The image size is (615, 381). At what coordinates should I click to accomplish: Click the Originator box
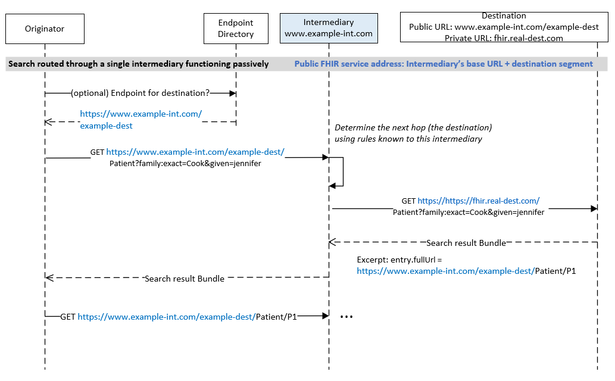[45, 29]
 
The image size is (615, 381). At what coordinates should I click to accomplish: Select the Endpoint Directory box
[236, 28]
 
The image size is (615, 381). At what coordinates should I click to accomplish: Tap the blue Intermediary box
[329, 28]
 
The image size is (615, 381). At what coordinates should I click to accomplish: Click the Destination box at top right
[504, 27]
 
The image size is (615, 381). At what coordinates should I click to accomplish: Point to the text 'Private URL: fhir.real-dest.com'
[504, 38]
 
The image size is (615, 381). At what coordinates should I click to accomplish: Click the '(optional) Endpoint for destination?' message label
[140, 93]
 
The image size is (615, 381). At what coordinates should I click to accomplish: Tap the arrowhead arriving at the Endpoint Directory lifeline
[233, 93]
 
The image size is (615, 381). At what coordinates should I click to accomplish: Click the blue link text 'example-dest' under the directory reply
[107, 126]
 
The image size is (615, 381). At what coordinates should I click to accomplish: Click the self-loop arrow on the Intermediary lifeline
[343, 171]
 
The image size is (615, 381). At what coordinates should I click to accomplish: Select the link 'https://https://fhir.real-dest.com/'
[479, 201]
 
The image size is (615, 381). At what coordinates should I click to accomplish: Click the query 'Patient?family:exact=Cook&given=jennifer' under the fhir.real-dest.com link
[469, 213]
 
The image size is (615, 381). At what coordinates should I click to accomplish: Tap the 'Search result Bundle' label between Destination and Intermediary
[466, 243]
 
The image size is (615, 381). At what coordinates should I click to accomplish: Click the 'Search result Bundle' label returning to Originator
[185, 279]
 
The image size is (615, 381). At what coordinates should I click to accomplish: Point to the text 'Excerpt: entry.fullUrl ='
[399, 260]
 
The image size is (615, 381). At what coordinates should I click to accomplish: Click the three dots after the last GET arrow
[346, 316]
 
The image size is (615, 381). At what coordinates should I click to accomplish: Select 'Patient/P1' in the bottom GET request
[276, 317]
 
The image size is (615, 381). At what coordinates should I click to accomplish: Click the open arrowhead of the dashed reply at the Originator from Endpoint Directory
[49, 122]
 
